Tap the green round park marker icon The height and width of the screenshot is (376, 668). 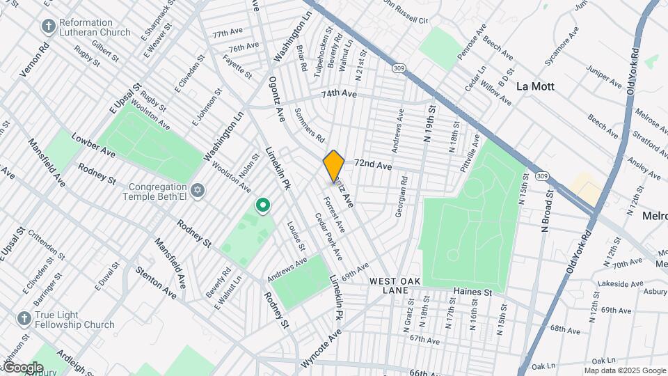[x=263, y=205]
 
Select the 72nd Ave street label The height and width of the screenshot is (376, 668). [x=373, y=166]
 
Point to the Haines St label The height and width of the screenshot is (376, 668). [x=472, y=292]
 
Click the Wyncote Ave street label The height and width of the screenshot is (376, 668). [x=322, y=349]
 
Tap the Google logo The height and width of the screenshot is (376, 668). [x=23, y=367]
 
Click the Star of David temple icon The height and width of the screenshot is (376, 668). [x=198, y=190]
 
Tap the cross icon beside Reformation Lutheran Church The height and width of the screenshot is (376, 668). [x=48, y=26]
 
